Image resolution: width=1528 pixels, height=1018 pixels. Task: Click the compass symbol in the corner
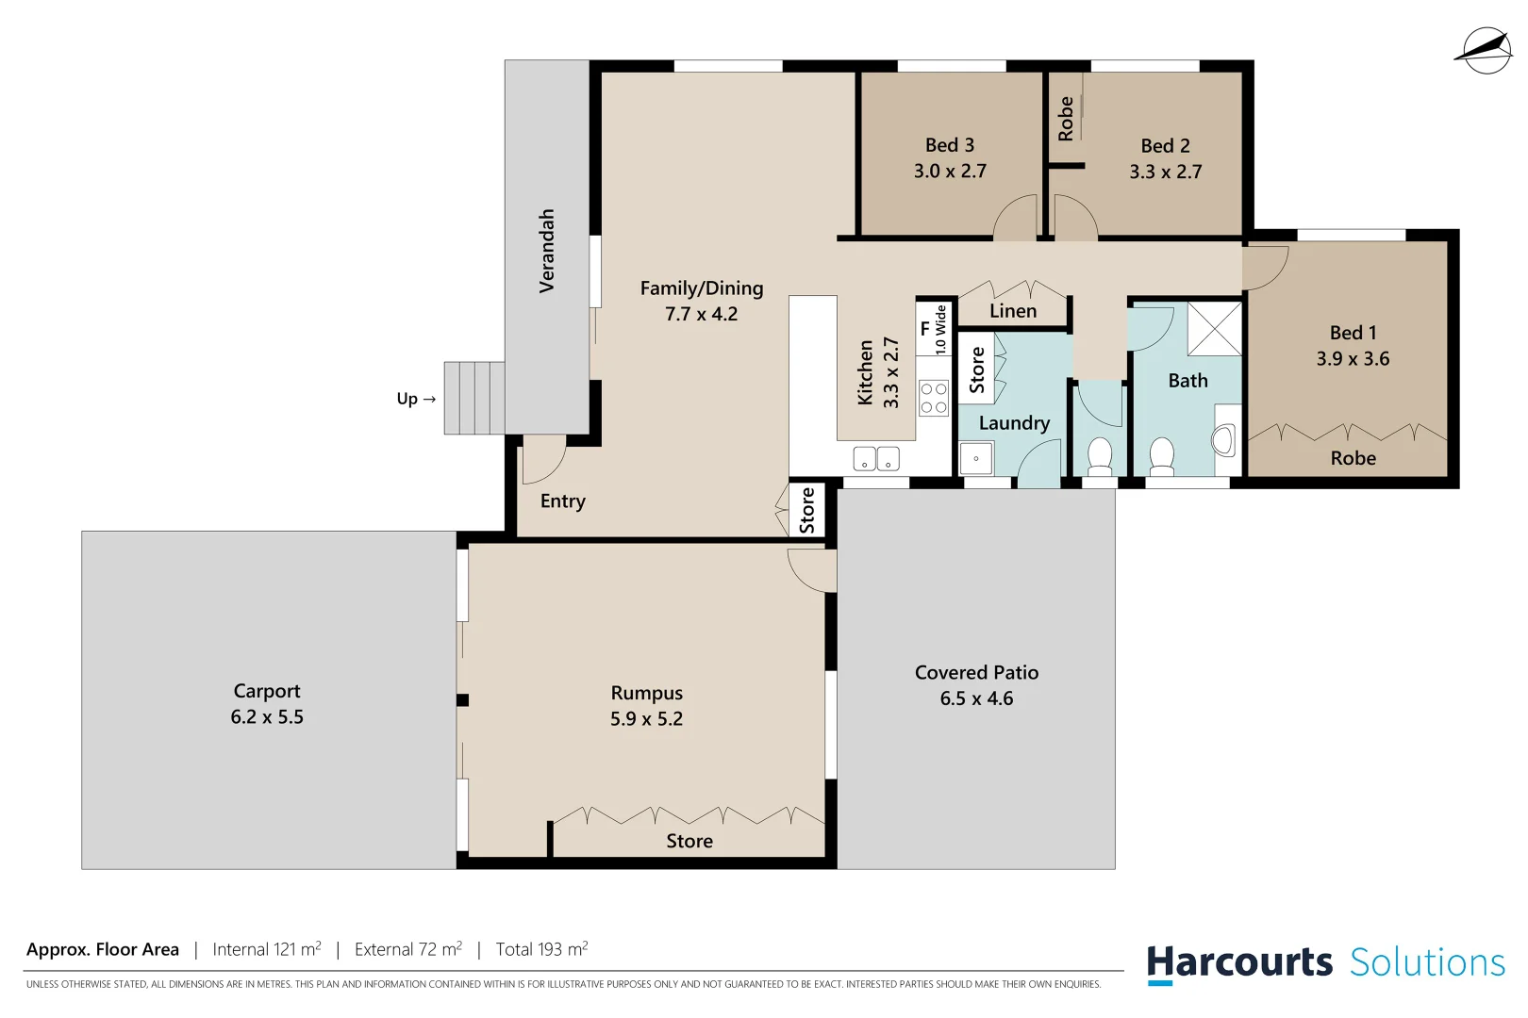(1484, 51)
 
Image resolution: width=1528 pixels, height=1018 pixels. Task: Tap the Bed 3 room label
(949, 145)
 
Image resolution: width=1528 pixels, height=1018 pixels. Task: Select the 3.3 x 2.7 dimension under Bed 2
(1165, 172)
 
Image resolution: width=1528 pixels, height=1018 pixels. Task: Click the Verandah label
(546, 251)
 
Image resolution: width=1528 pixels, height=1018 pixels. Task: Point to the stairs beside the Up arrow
(474, 398)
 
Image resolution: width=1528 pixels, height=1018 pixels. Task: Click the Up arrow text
(416, 399)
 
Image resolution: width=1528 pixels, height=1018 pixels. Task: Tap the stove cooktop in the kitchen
(934, 398)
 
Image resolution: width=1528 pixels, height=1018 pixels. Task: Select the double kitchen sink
(875, 459)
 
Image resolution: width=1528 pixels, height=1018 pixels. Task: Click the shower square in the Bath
(1214, 328)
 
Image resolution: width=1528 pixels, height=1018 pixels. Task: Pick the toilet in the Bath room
(1161, 456)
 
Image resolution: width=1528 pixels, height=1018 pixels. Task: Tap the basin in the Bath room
(1224, 440)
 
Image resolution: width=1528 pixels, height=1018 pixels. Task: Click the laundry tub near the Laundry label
(975, 459)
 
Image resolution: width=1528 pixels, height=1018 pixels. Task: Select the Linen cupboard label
(1013, 311)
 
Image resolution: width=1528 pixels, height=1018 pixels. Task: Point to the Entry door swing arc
(545, 459)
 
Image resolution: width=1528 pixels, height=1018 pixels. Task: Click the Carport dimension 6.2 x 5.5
(267, 717)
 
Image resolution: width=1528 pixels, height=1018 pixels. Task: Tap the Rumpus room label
(646, 693)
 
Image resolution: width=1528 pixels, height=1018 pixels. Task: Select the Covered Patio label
(976, 673)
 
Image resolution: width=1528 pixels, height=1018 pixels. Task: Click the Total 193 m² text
(541, 949)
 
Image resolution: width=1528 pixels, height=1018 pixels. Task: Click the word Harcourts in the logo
(1238, 962)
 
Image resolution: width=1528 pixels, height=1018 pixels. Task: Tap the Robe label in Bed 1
(1353, 458)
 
